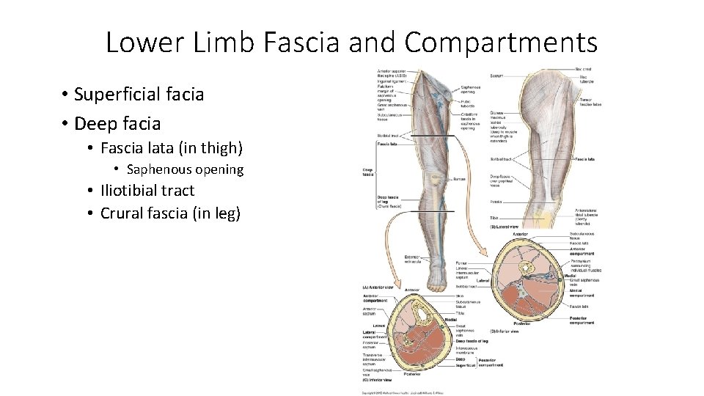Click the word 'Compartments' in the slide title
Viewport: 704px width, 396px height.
(501, 43)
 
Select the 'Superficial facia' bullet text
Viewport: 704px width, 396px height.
(139, 95)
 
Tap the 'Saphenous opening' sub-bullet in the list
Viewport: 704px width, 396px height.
(185, 169)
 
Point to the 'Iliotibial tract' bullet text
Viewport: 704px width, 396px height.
(147, 191)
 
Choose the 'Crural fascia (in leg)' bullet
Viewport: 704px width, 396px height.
(170, 213)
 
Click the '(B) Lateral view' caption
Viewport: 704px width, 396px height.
(505, 227)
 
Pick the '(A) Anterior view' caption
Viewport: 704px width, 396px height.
(378, 287)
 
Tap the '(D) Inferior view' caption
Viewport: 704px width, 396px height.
(505, 331)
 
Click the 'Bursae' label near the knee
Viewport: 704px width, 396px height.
(460, 178)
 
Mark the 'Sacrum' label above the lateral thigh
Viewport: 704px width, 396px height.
(496, 76)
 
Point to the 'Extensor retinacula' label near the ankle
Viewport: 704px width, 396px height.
(411, 259)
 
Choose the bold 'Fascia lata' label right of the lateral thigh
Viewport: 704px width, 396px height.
(584, 158)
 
